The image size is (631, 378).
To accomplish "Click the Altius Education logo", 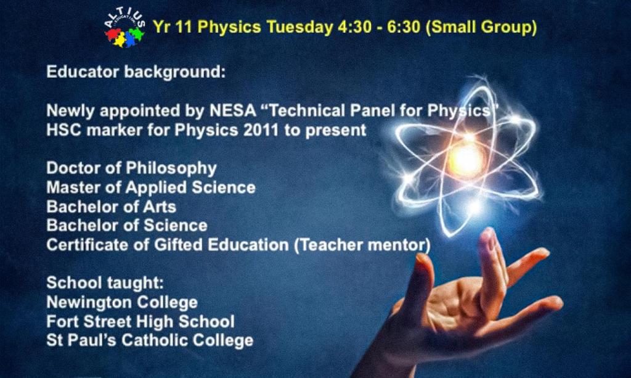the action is pyautogui.click(x=124, y=29).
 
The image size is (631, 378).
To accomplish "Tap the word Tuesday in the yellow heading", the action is pyautogui.click(x=300, y=27).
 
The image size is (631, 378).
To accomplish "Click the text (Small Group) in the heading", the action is pyautogui.click(x=481, y=27).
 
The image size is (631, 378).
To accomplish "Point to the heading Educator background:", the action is pyautogui.click(x=136, y=72).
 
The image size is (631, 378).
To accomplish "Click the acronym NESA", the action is pyautogui.click(x=233, y=111).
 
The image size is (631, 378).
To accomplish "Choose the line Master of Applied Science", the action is pyautogui.click(x=151, y=187).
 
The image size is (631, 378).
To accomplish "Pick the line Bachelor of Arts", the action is pyautogui.click(x=112, y=207).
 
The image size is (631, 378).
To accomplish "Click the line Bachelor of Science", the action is pyautogui.click(x=127, y=226).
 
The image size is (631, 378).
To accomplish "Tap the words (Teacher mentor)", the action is pyautogui.click(x=362, y=245).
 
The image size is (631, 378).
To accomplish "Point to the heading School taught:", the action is pyautogui.click(x=105, y=283).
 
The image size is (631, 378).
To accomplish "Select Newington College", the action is pyautogui.click(x=122, y=302).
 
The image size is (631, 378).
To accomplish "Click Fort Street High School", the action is pyautogui.click(x=140, y=322).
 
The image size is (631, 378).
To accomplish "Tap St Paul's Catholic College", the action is pyautogui.click(x=150, y=340).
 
